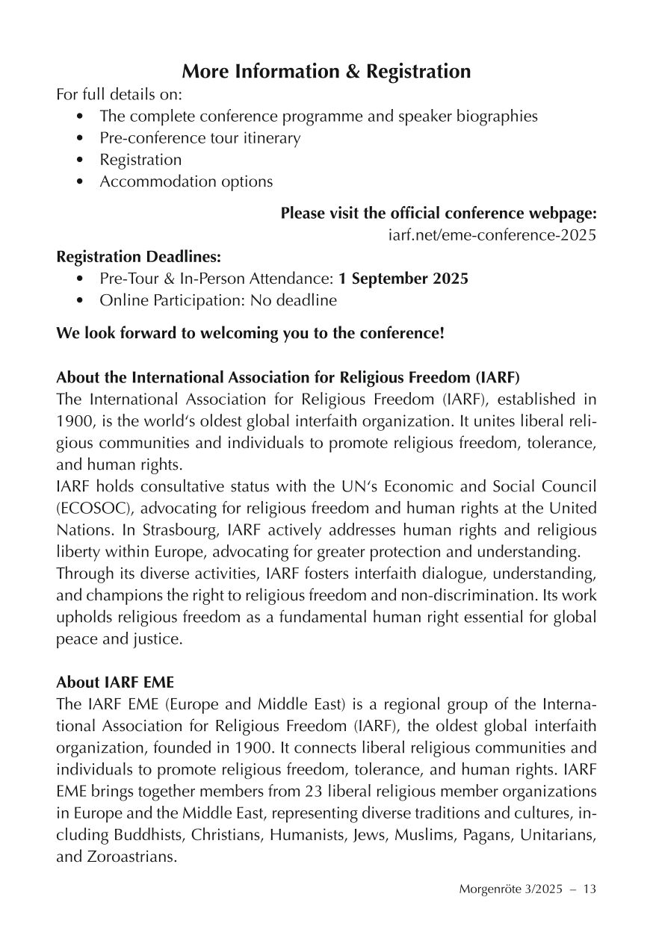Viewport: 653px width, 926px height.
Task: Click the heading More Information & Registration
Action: pos(326,72)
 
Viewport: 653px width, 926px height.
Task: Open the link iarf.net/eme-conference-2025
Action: pos(492,235)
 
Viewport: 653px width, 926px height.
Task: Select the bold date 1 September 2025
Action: pos(403,279)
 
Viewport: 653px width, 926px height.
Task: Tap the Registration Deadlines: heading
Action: pos(139,257)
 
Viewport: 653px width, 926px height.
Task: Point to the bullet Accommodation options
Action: pos(186,181)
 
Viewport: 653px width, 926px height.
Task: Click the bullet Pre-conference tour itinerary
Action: pos(199,138)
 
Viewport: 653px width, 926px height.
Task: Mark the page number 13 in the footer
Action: pos(589,889)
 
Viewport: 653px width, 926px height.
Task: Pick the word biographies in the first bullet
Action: pos(497,116)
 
